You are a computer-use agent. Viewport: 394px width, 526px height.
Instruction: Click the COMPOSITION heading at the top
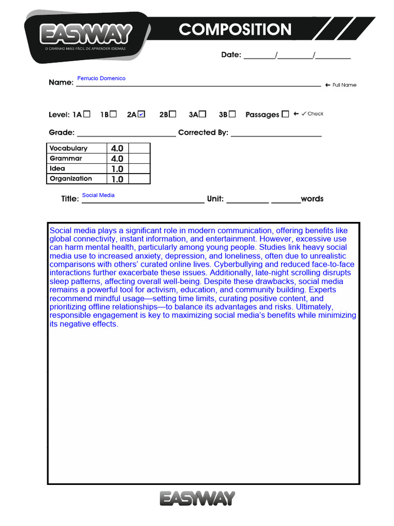pyautogui.click(x=235, y=30)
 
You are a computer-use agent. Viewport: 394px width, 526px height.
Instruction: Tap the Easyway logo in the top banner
pyautogui.click(x=86, y=35)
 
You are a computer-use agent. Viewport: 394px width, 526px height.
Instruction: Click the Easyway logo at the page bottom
pyautogui.click(x=197, y=498)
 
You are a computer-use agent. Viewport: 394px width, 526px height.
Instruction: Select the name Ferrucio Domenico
pyautogui.click(x=101, y=79)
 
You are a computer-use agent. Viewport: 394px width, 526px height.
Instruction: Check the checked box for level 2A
pyautogui.click(x=142, y=114)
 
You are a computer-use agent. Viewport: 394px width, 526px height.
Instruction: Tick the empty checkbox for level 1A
pyautogui.click(x=87, y=114)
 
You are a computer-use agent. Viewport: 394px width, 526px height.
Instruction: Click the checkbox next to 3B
pyautogui.click(x=232, y=114)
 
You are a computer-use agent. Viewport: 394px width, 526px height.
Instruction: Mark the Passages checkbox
pyautogui.click(x=285, y=114)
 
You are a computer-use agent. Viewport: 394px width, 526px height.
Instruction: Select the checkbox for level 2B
pyautogui.click(x=173, y=114)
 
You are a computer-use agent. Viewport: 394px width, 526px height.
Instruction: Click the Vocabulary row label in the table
pyautogui.click(x=68, y=148)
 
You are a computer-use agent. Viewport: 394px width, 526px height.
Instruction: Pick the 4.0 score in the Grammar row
pyautogui.click(x=117, y=159)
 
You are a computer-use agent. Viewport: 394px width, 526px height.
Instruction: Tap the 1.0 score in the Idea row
pyautogui.click(x=117, y=169)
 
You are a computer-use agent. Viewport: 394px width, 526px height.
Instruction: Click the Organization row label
pyautogui.click(x=71, y=179)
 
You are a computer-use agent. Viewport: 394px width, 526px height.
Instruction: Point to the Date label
pyautogui.click(x=231, y=55)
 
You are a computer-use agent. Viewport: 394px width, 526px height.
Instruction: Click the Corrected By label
pyautogui.click(x=203, y=133)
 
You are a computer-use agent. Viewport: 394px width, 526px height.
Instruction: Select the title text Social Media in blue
pyautogui.click(x=98, y=195)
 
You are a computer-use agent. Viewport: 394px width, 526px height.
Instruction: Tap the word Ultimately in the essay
pyautogui.click(x=314, y=307)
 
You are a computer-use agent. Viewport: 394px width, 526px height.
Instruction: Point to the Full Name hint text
pyautogui.click(x=344, y=85)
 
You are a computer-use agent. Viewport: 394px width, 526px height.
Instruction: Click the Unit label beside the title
pyautogui.click(x=215, y=199)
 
